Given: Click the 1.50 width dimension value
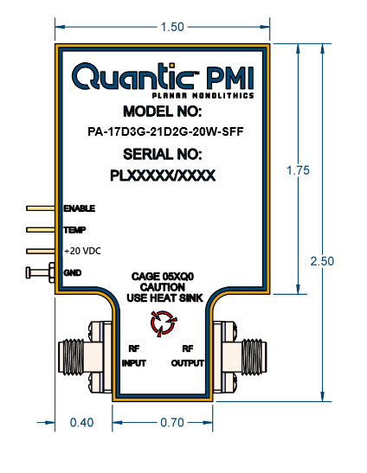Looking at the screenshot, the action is coord(172,27).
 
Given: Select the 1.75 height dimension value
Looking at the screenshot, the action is coord(298,170).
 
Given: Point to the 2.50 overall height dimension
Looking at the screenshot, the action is coord(322,261).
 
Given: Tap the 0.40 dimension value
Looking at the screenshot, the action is coord(81,422).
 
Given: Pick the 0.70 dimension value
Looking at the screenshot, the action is coord(172,422).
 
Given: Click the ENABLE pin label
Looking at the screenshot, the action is coord(80,208).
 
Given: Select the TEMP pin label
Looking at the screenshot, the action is coord(74,230).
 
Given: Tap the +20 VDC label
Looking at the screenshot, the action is coord(82,251).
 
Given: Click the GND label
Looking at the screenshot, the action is coord(73,272).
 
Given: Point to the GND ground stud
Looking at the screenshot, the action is coord(40,272).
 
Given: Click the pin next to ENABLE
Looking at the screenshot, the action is coord(41,208).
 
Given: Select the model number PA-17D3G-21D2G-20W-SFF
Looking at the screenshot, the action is coord(165,131).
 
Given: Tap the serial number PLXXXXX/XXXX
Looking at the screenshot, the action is coord(163,176).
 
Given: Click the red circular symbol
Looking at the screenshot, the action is coord(164,323).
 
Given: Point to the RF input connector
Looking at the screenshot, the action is coord(85,357).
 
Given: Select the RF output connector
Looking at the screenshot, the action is coord(240,357).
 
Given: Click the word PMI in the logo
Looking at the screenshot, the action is coord(230,78).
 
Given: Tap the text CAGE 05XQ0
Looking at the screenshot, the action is coord(163,277).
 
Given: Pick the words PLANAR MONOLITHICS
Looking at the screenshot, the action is coord(203,96).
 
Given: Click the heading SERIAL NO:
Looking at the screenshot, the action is coord(163,155).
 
